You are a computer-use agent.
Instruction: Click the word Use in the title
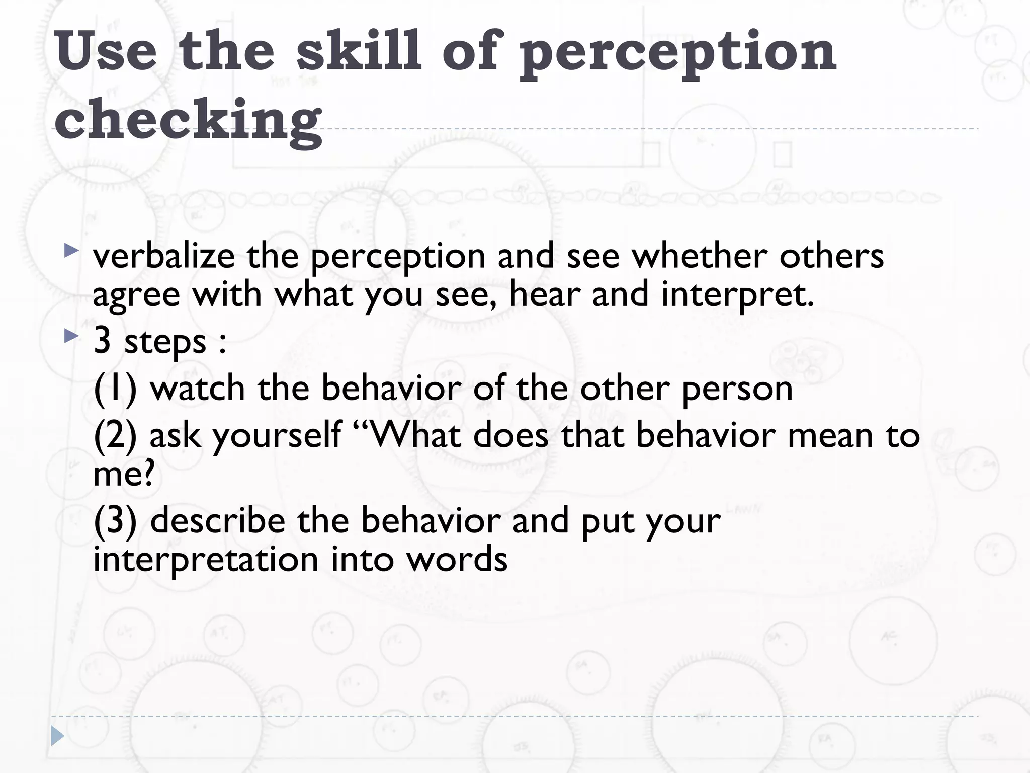click(x=106, y=51)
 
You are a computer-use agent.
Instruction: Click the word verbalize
click(x=164, y=256)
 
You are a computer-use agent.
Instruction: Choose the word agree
click(x=136, y=295)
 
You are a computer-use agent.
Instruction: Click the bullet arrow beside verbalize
click(x=71, y=250)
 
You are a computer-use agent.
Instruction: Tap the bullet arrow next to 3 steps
click(x=71, y=336)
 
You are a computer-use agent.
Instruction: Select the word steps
click(x=165, y=342)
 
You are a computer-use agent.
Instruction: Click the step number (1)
click(x=115, y=389)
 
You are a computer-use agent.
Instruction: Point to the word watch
click(x=198, y=389)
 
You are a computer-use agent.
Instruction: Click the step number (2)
click(x=115, y=436)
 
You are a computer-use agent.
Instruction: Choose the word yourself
click(x=277, y=436)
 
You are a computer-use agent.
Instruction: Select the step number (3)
click(x=115, y=521)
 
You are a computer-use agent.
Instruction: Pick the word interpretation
click(x=206, y=560)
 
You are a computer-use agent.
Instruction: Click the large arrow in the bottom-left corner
click(x=57, y=736)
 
